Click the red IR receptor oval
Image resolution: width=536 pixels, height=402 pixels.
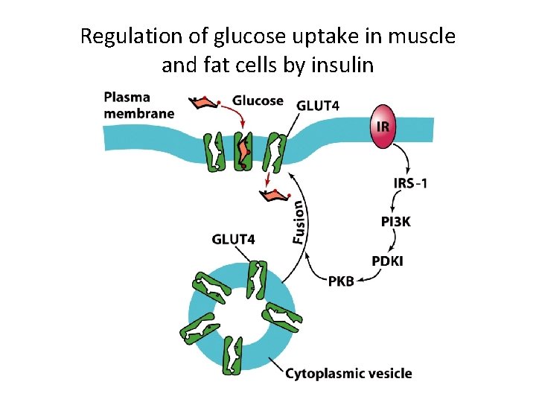pos(382,124)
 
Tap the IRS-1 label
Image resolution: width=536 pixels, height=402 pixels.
pos(410,184)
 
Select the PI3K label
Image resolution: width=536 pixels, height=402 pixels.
pos(397,221)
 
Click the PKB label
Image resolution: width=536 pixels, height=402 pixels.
pos(342,280)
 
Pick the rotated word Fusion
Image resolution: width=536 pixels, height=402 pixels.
pos(298,221)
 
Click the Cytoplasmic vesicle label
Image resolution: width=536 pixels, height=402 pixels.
pos(348,374)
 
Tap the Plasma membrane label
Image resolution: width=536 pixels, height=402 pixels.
pos(139,105)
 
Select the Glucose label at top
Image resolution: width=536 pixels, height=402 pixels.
pos(258,100)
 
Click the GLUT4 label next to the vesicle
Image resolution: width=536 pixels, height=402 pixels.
pos(233,239)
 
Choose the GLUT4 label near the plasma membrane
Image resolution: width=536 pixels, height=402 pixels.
pos(318,105)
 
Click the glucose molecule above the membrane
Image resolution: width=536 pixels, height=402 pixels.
pos(204,104)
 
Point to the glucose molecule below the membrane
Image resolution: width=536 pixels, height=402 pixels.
pos(273,196)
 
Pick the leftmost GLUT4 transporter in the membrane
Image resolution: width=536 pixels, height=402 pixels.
pos(214,152)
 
